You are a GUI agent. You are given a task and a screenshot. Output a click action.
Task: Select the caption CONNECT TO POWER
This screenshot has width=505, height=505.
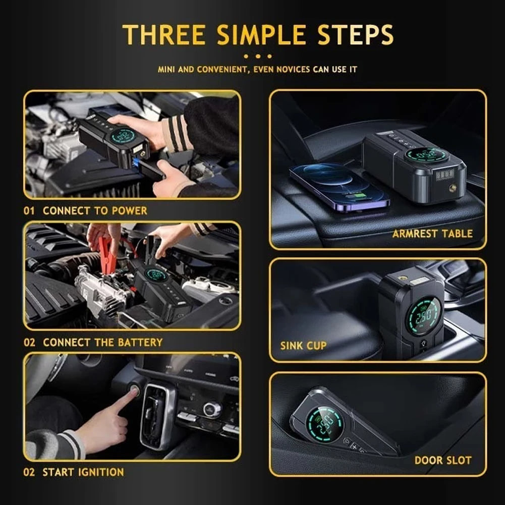[95, 211]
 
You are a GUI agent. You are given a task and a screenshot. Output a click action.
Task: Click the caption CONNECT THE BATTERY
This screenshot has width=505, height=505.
[102, 342]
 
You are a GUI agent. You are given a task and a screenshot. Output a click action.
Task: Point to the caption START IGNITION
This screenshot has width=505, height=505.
[83, 473]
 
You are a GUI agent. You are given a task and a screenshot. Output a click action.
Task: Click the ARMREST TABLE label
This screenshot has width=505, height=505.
[432, 234]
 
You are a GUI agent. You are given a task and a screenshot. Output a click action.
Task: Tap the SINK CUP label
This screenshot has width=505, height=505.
[303, 346]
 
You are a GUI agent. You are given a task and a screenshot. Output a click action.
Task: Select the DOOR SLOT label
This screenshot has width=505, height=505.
[442, 460]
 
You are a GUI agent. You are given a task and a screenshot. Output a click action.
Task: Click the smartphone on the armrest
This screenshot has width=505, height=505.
[339, 186]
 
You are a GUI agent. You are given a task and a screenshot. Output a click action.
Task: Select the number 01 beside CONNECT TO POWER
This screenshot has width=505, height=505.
[30, 211]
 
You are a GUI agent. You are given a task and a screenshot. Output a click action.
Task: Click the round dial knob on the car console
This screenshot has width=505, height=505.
[212, 409]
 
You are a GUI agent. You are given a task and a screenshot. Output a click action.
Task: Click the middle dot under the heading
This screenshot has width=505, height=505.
[257, 57]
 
